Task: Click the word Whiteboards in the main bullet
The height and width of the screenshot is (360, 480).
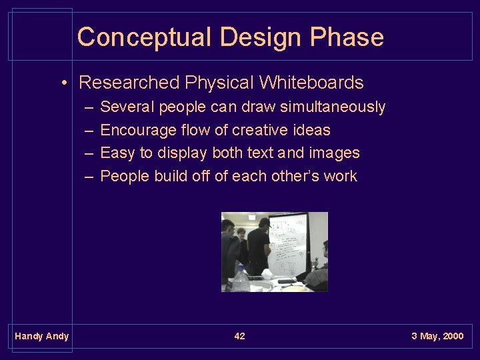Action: [311, 83]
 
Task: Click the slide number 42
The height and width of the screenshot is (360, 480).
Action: [239, 336]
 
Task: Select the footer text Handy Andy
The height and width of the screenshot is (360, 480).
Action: [41, 336]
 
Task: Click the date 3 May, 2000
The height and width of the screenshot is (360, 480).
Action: [437, 336]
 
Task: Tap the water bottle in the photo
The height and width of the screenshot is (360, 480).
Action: [241, 279]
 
